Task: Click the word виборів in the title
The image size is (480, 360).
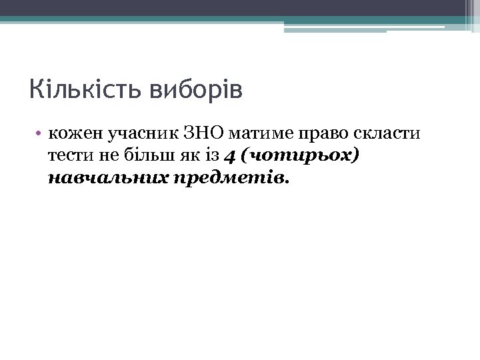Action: [x=197, y=90]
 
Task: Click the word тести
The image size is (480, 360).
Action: [x=69, y=156]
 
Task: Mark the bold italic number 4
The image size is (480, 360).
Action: [x=231, y=156]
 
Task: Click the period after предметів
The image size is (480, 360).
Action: [x=287, y=181]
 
